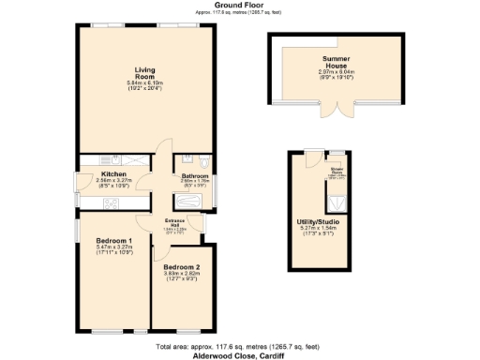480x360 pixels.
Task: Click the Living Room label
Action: point(144,70)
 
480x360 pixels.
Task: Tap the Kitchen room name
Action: point(113,174)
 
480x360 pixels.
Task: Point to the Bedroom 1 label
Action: point(114,241)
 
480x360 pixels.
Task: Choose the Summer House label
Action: point(336,63)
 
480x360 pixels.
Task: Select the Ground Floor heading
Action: point(216,5)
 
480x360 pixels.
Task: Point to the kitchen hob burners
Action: point(112,204)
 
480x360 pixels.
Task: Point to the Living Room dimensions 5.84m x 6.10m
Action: point(144,82)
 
